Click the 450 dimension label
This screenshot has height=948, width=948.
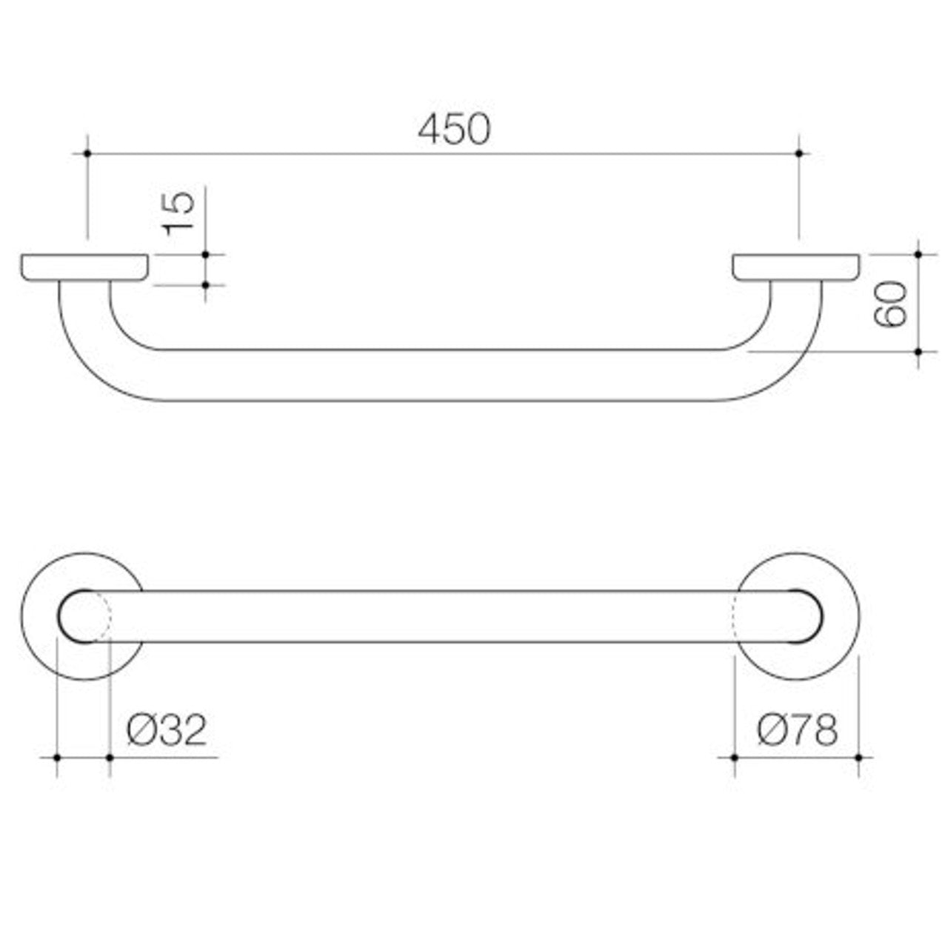pos(453,130)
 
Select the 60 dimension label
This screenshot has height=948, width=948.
pos(889,304)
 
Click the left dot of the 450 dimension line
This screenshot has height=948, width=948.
pos(87,153)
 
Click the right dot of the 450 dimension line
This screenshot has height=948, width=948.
pos(798,153)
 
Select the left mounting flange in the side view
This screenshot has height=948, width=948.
pos(85,268)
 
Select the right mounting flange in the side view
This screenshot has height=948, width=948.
pos(796,268)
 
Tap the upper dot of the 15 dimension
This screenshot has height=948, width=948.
pos(205,254)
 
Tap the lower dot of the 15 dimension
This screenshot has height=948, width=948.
pos(205,284)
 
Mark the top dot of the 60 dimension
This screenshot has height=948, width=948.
pos(918,254)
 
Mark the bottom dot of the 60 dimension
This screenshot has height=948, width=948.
pos(918,352)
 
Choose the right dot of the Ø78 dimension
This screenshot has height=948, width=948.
pos(858,757)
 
